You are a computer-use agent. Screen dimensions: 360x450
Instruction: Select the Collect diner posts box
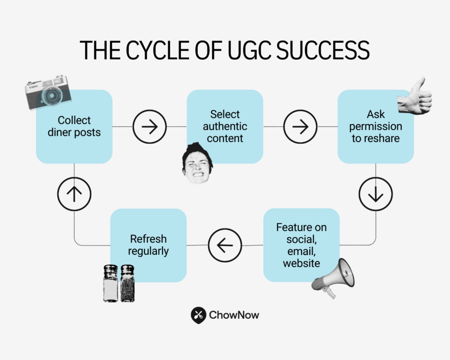(x=74, y=127)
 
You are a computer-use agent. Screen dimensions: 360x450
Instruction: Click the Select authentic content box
(x=225, y=127)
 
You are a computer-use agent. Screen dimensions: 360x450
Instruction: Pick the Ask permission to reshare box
(x=375, y=127)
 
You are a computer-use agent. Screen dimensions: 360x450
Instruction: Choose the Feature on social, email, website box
(x=301, y=245)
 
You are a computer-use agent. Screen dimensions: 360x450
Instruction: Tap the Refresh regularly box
(x=148, y=245)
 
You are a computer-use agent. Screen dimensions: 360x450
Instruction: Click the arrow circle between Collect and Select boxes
(x=149, y=127)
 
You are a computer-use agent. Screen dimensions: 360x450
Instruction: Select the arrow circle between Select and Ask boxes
(x=300, y=127)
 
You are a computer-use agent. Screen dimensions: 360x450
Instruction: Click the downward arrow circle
(x=375, y=194)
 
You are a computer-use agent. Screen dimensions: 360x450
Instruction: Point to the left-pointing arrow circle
(x=225, y=245)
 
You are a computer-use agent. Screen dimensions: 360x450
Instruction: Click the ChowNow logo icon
(x=199, y=315)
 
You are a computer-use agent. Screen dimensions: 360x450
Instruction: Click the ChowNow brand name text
(x=234, y=315)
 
